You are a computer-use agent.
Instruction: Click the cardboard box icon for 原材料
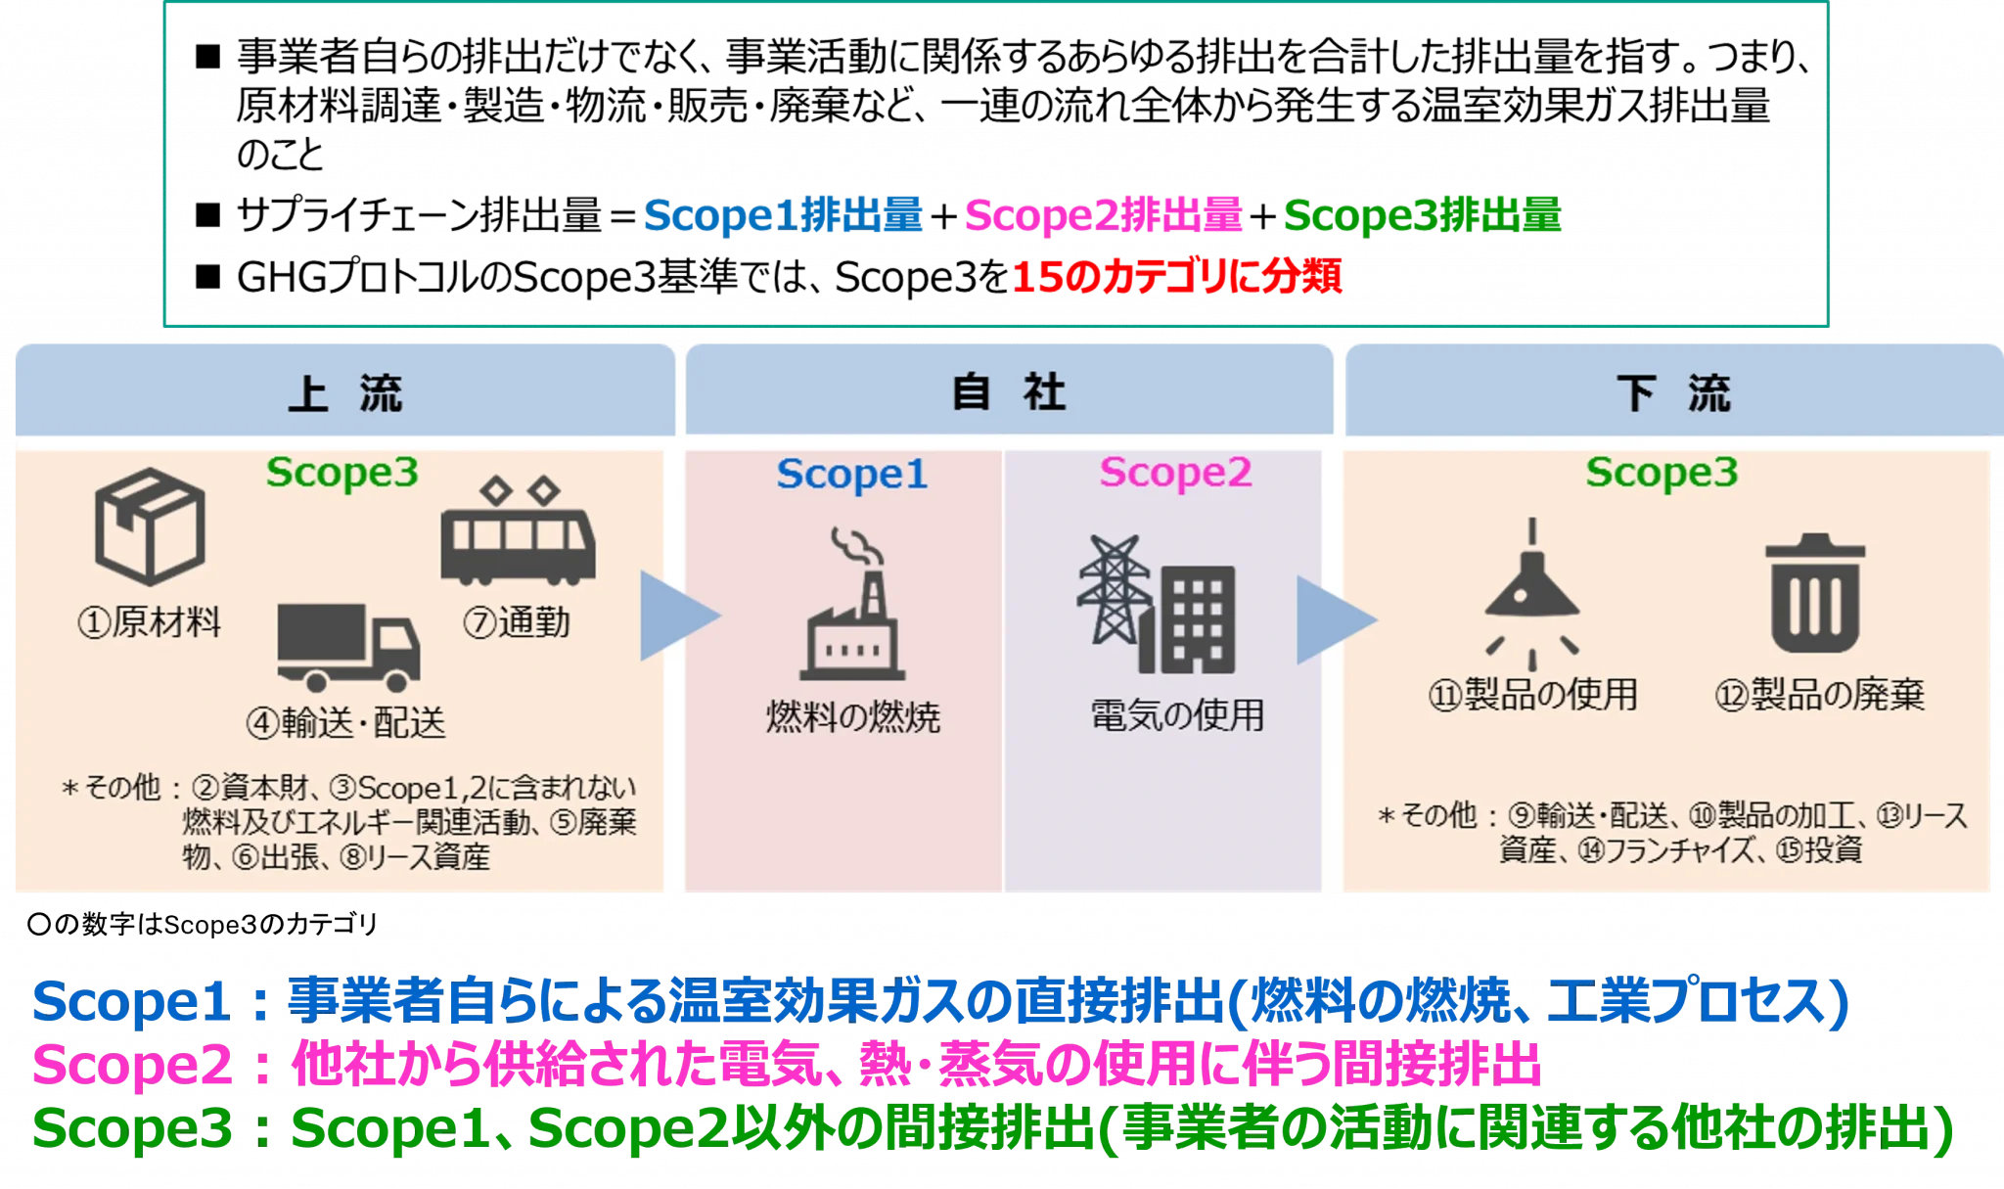[x=150, y=526]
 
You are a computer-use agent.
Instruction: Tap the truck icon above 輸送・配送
[x=348, y=647]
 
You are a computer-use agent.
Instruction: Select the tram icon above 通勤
[x=518, y=531]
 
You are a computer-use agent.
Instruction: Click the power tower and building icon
[x=1157, y=604]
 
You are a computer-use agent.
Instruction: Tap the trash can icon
[x=1815, y=593]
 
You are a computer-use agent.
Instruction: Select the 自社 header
[x=1009, y=392]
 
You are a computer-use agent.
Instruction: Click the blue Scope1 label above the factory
[x=851, y=475]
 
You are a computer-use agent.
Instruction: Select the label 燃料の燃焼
[x=853, y=717]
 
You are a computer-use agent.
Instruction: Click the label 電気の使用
[x=1177, y=715]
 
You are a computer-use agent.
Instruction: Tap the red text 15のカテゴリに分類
[x=1176, y=277]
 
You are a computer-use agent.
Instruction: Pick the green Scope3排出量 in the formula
[x=1423, y=215]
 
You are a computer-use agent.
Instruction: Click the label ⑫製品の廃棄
[x=1819, y=695]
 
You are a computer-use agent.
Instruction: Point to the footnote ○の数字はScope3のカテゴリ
[x=203, y=924]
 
